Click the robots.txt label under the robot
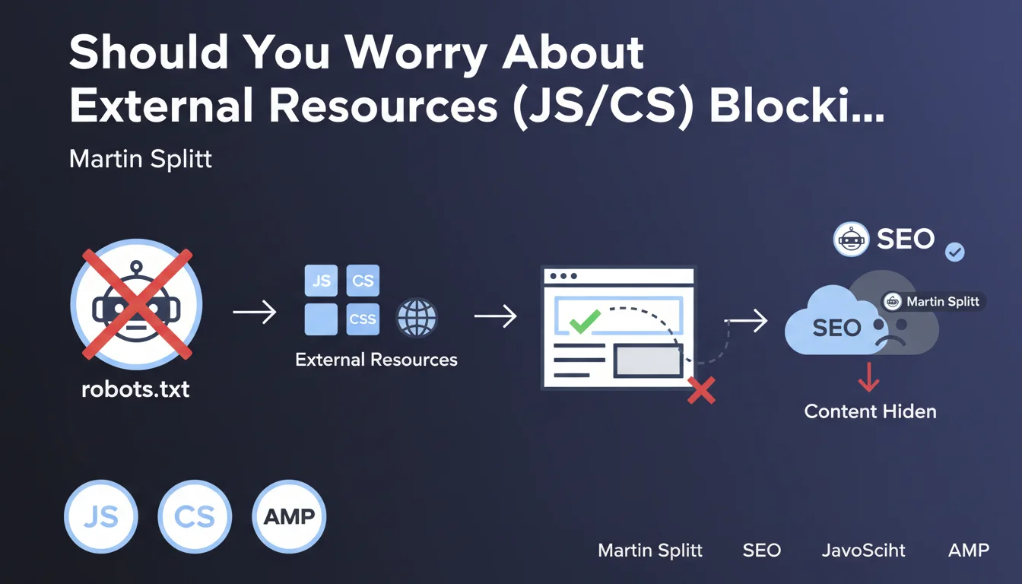click(135, 390)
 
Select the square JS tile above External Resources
click(321, 281)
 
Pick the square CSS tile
click(363, 319)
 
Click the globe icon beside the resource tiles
click(417, 318)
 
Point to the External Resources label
click(376, 359)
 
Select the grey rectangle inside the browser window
click(648, 360)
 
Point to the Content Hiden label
click(870, 411)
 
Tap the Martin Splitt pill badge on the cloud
click(934, 302)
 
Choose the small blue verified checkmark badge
click(954, 252)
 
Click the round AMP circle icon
click(289, 516)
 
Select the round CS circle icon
click(195, 516)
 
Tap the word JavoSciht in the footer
click(864, 550)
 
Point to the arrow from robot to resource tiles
click(254, 312)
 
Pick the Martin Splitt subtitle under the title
click(141, 159)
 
